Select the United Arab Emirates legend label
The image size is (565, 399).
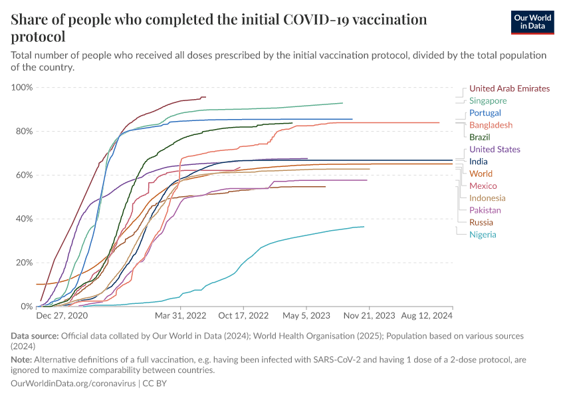tap(509, 88)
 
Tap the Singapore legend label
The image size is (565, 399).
tap(488, 101)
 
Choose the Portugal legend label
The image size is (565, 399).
tap(485, 113)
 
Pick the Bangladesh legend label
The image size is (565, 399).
tap(491, 125)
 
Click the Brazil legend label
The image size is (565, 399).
tap(480, 137)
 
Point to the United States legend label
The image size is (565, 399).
tap(495, 150)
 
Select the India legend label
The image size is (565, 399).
tap(478, 162)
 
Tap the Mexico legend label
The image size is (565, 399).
tap(483, 186)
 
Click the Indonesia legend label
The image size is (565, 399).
tap(487, 198)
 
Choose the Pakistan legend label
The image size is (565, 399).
tap(485, 210)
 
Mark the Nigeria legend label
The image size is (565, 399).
tap(483, 235)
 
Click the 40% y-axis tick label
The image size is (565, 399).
tap(24, 219)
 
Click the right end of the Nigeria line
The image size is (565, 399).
tap(364, 227)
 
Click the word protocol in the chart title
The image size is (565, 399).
tap(38, 37)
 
